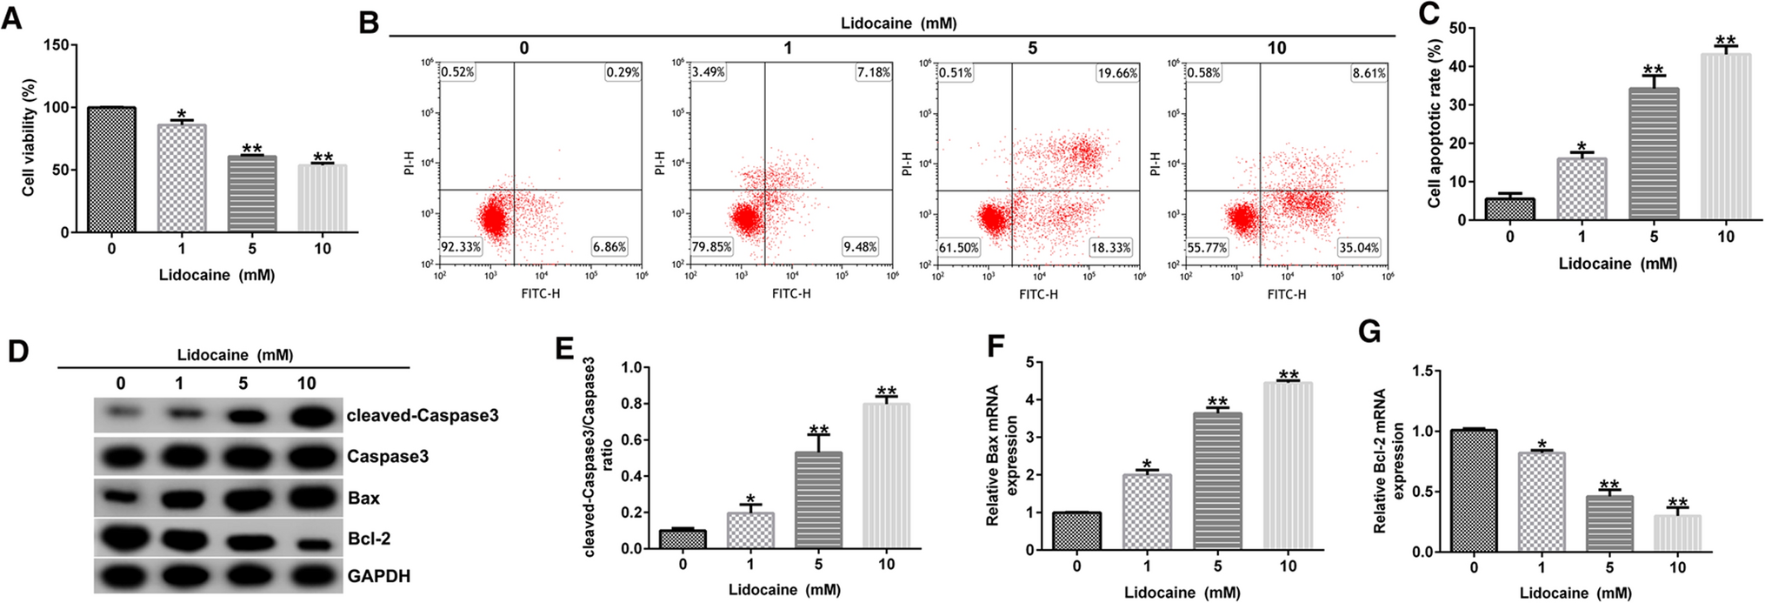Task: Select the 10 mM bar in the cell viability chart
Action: coord(323,198)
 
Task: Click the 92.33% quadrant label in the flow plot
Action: coord(461,247)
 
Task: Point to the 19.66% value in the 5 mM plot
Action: coord(1117,73)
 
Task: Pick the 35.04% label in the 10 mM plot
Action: coord(1359,248)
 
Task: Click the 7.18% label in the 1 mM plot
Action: coord(873,72)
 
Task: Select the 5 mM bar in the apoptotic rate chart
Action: coord(1654,154)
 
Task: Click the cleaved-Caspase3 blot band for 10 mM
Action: coord(306,416)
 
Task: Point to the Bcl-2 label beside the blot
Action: coord(369,539)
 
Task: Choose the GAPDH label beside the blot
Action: coord(378,576)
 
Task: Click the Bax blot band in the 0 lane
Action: coord(120,498)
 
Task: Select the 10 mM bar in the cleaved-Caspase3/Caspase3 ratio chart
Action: coord(886,476)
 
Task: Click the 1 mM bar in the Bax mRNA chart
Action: coord(1147,512)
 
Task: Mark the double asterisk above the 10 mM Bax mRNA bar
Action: coord(1289,375)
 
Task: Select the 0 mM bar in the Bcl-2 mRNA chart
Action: coord(1474,491)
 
